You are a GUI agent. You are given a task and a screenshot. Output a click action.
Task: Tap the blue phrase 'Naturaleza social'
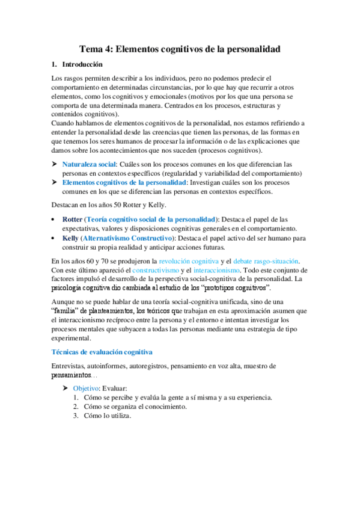[89, 164]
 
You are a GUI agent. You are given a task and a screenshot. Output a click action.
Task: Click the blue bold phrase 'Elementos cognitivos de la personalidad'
[124, 182]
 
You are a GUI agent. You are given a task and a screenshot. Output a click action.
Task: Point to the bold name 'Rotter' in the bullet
[72, 220]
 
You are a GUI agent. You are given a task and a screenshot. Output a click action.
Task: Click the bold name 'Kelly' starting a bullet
[71, 238]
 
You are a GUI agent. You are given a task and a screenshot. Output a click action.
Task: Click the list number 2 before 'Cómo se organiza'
[76, 406]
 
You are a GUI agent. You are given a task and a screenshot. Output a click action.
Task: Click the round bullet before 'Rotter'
[55, 220]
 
